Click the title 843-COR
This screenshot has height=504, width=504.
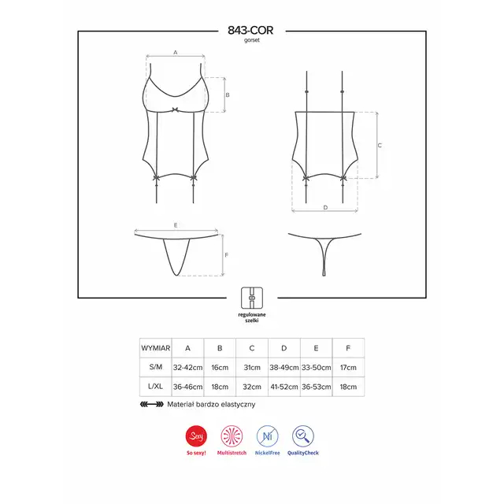(x=250, y=30)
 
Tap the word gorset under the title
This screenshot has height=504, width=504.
(x=252, y=40)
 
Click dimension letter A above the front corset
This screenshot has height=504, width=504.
(x=175, y=52)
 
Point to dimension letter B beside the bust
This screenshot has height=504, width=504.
(x=228, y=94)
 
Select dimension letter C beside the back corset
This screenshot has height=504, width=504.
(x=380, y=145)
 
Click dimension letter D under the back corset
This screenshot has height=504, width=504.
(x=325, y=207)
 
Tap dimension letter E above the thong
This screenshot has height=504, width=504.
(x=176, y=225)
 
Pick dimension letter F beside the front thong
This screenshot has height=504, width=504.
(x=226, y=255)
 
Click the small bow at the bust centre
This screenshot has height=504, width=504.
(x=175, y=109)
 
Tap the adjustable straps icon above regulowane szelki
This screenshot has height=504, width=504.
(x=252, y=298)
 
